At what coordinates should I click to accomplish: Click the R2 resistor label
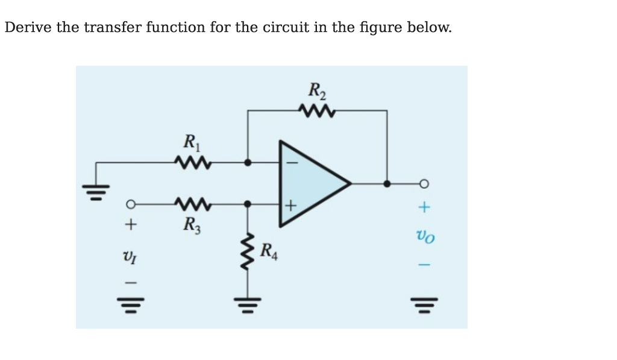pyautogui.click(x=316, y=91)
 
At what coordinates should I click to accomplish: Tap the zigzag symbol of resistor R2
pyautogui.click(x=316, y=111)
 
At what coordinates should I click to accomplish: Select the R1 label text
pyautogui.click(x=190, y=143)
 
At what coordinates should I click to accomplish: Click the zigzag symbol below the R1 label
pyautogui.click(x=192, y=162)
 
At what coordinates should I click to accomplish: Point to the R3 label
pyautogui.click(x=190, y=227)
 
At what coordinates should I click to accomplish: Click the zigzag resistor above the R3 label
pyautogui.click(x=192, y=204)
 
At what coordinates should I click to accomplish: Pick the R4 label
pyautogui.click(x=271, y=249)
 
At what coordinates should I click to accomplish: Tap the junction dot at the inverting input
pyautogui.click(x=248, y=162)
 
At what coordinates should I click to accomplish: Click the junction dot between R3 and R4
pyautogui.click(x=248, y=204)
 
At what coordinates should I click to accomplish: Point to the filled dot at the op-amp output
pyautogui.click(x=387, y=183)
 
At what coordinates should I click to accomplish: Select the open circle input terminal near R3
pyautogui.click(x=128, y=204)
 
